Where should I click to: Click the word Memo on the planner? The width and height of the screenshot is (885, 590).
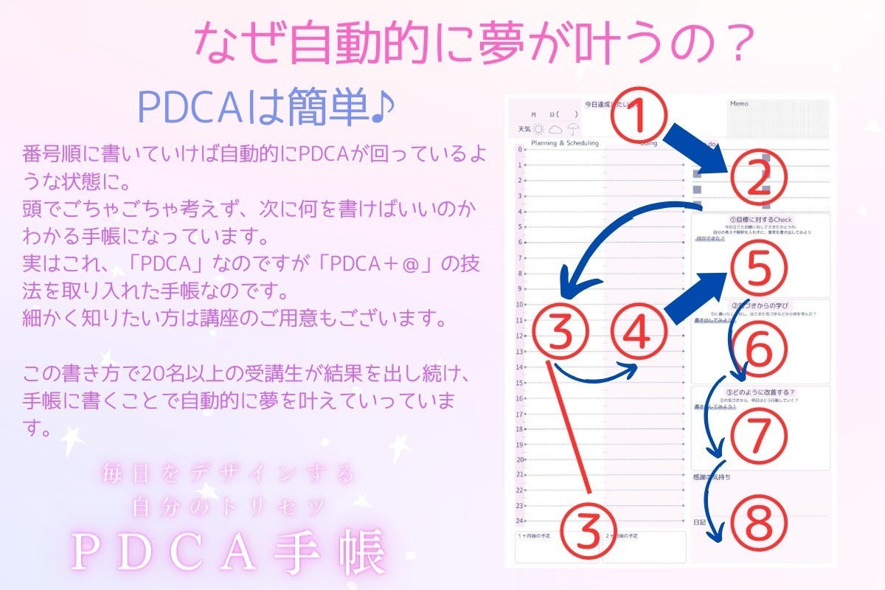(x=739, y=104)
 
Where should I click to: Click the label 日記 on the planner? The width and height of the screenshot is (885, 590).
(x=700, y=521)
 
